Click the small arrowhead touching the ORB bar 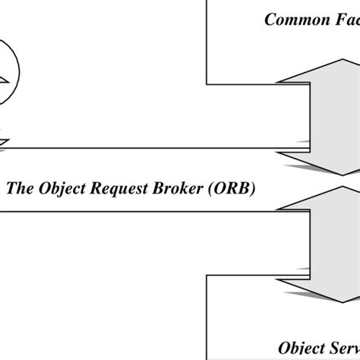tap(4, 143)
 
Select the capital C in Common tap(270, 19)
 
